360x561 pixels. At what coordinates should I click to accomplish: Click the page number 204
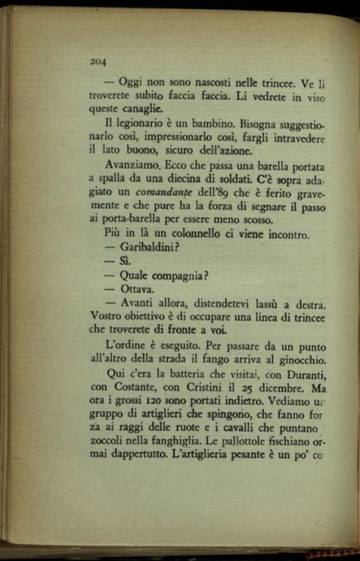pyautogui.click(x=99, y=61)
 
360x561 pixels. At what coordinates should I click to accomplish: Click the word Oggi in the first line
pyautogui.click(x=131, y=82)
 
